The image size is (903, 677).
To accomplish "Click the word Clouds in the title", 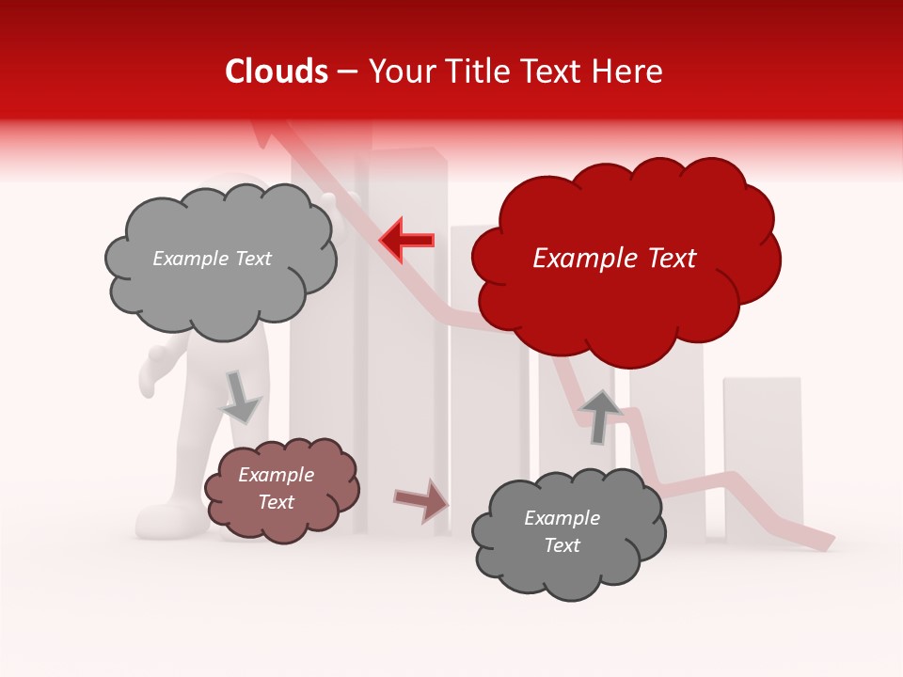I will [277, 71].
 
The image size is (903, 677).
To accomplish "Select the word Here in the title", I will [631, 71].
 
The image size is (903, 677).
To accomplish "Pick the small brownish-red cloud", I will [281, 489].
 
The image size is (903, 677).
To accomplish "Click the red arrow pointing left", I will [406, 241].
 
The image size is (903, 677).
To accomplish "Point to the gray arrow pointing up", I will [600, 417].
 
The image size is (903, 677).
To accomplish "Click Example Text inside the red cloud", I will [614, 259].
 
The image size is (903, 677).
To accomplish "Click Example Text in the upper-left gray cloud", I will [212, 259].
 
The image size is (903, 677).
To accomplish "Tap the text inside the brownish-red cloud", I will [276, 489].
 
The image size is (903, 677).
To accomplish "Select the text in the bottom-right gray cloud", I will [562, 531].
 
